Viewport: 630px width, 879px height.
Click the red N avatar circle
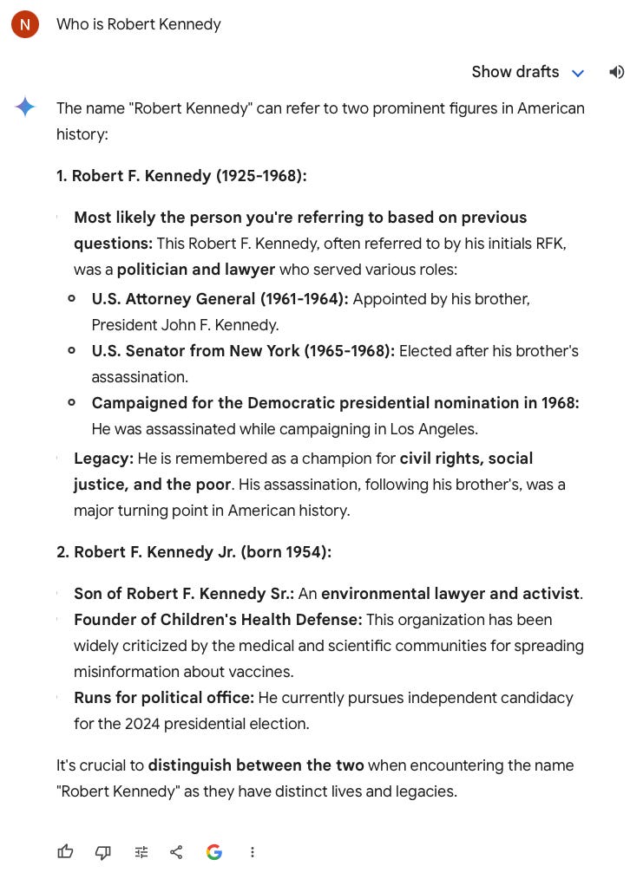click(x=25, y=25)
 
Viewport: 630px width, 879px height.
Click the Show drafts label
click(x=515, y=72)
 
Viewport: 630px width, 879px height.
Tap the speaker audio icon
click(x=616, y=72)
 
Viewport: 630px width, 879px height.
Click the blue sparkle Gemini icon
click(x=25, y=107)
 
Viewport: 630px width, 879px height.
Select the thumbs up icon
click(x=65, y=852)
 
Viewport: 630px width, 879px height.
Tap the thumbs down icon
click(x=103, y=852)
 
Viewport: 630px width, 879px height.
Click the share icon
click(x=176, y=852)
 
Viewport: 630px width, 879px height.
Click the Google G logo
click(x=214, y=852)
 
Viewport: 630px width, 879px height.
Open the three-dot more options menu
click(x=253, y=852)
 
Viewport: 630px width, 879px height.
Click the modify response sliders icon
click(x=141, y=852)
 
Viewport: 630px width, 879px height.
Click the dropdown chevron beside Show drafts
click(x=578, y=73)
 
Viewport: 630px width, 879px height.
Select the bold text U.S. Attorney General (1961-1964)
click(x=220, y=299)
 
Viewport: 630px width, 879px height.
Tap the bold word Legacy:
click(x=103, y=459)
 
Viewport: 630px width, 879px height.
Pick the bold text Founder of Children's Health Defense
click(x=218, y=620)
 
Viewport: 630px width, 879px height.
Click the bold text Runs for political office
click(x=164, y=698)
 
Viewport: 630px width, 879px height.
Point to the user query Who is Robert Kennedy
click(x=139, y=24)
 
